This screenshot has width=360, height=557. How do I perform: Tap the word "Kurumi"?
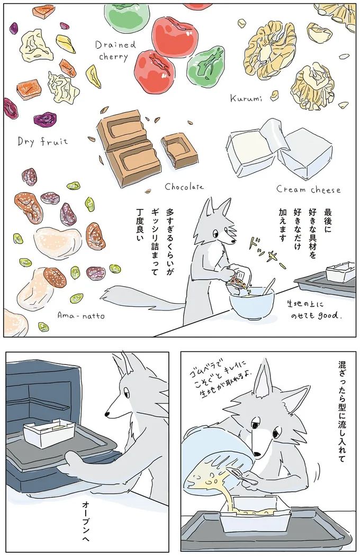pos(246,98)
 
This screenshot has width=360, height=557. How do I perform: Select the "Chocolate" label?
pos(184,187)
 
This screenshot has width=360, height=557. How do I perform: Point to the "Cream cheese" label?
pos(309,189)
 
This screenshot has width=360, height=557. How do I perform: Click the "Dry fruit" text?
pos(43,141)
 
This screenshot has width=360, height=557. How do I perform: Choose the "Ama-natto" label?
pos(81,315)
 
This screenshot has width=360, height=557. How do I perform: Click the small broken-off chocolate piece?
pos(179,149)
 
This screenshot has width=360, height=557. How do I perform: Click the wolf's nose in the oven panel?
pos(107,414)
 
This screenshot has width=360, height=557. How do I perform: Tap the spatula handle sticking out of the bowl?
pos(269,286)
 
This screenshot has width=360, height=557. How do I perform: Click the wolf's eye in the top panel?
pos(215,233)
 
